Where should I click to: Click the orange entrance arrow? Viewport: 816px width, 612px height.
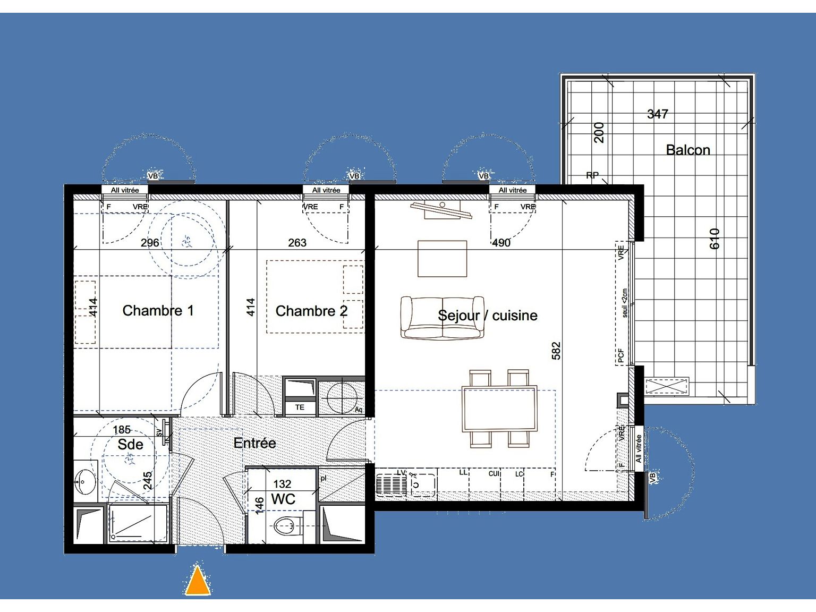[198, 581]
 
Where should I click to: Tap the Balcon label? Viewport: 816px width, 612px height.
[688, 150]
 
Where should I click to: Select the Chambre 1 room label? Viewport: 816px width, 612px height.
[158, 311]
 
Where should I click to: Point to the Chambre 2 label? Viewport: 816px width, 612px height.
[311, 311]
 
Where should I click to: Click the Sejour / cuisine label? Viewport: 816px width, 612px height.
[487, 316]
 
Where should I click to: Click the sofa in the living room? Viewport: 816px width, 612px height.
[442, 318]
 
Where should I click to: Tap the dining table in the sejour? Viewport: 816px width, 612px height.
[499, 409]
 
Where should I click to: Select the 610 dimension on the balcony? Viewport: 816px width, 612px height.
[715, 239]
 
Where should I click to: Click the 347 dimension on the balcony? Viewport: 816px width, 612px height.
[657, 114]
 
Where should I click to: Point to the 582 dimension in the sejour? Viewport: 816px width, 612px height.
[556, 351]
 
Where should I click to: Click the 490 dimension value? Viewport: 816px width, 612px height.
[501, 243]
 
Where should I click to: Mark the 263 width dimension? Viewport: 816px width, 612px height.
[297, 243]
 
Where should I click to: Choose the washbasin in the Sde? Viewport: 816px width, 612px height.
[84, 482]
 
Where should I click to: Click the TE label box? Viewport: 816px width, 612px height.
[300, 407]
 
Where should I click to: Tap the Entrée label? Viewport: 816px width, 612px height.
[254, 443]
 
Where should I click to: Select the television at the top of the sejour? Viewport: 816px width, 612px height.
[441, 210]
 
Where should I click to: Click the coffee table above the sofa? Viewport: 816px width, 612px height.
[442, 259]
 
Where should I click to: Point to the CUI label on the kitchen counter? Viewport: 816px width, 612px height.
[494, 473]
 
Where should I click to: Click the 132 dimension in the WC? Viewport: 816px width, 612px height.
[282, 484]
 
